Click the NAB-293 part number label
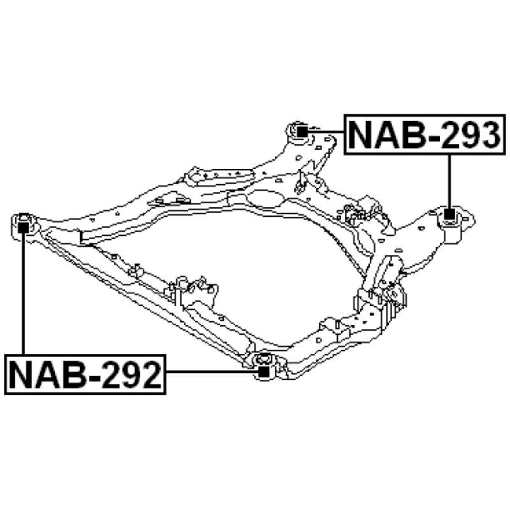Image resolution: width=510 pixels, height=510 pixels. tap(420, 134)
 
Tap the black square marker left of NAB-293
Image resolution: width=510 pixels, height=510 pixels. tap(302, 131)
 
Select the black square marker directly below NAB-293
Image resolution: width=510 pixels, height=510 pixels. tap(450, 214)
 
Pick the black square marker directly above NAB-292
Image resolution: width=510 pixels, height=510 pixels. tap(24, 224)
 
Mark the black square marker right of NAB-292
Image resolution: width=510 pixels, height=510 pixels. tap(262, 370)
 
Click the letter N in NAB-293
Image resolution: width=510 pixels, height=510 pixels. tap(363, 134)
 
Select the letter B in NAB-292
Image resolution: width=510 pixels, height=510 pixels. tap(70, 375)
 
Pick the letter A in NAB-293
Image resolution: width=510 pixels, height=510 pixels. tap(386, 134)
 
